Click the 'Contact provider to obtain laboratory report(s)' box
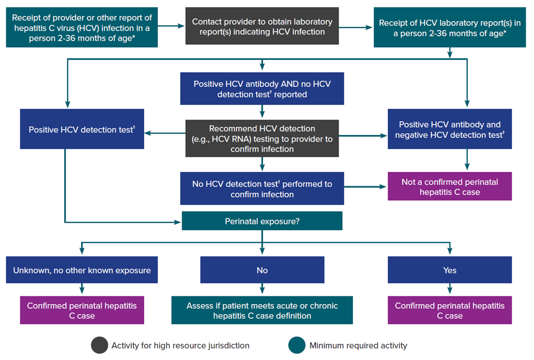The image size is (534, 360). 262,26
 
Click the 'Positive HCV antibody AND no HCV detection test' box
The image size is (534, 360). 262,89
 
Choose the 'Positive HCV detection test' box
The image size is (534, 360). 82,129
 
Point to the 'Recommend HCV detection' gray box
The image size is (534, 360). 262,138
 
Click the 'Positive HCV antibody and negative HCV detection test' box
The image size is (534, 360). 450,129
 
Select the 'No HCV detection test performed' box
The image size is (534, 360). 262,189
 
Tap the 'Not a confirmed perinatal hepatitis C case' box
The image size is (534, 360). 450,186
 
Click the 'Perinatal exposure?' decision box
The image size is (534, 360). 262,221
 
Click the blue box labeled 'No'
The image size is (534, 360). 262,270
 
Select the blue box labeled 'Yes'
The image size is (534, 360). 450,270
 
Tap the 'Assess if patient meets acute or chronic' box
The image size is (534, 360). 262,310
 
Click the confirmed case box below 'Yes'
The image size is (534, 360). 450,310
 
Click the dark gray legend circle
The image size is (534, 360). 99,345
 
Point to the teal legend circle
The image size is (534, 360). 297,345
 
